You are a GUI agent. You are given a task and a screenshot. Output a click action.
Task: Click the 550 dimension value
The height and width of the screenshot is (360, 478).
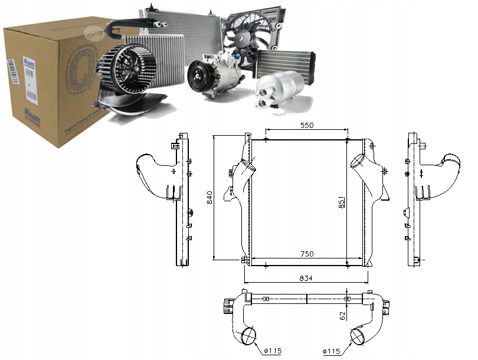tap(306, 125)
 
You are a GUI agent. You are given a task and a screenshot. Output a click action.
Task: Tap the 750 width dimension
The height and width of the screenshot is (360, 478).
tap(306, 254)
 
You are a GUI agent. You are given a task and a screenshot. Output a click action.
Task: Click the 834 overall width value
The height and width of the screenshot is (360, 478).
tap(306, 277)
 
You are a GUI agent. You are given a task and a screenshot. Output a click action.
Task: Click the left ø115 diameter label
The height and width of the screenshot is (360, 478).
tap(272, 351)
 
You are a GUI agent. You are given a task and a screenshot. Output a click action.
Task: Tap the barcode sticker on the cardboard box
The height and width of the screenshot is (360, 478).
tap(14, 76)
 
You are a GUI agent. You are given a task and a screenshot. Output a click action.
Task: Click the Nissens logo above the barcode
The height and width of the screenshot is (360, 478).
tap(14, 60)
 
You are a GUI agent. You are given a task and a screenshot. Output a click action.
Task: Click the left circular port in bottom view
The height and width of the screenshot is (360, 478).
tap(248, 336)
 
